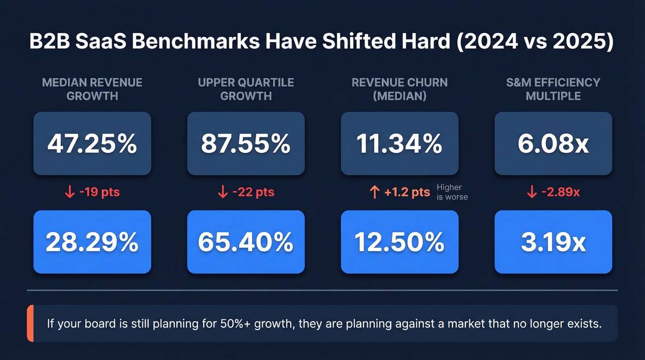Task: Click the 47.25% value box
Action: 92,144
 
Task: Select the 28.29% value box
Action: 92,242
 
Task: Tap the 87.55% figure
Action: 246,144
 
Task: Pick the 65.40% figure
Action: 246,242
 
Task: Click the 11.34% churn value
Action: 399,144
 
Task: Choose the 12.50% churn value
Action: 399,242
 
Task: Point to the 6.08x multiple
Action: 553,144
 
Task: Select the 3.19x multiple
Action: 553,242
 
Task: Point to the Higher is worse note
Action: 451,192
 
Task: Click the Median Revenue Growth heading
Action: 92,89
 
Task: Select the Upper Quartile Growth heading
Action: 246,89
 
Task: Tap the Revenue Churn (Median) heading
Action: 399,89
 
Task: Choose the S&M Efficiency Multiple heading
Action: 553,89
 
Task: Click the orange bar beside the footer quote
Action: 30,323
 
